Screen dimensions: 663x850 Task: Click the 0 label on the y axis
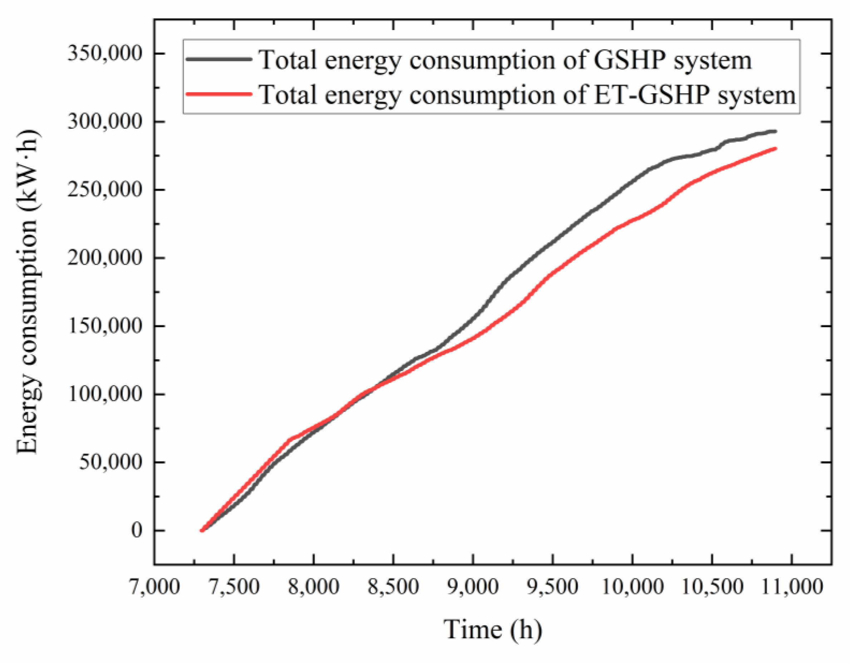coord(137,530)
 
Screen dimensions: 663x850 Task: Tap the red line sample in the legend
coord(219,94)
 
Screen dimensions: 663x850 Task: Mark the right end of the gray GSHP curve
coord(775,131)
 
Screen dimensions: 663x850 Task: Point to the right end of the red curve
coord(775,149)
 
